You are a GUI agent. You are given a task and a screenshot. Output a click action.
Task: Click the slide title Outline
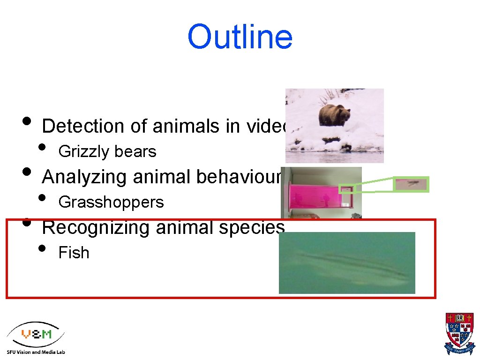coord(240,37)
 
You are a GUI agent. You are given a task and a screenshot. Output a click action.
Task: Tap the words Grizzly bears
coord(107,152)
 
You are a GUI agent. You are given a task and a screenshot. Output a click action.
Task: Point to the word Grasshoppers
coord(111,202)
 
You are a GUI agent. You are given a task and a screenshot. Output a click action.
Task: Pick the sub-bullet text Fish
coord(74,253)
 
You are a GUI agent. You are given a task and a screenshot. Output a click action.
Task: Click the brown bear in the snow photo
coord(334,115)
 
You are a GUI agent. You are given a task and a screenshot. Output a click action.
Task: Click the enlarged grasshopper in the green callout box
coord(412,184)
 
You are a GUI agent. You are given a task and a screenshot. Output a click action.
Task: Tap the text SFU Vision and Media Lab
coord(36,352)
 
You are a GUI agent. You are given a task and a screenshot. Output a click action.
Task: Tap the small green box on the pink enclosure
coord(346,189)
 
